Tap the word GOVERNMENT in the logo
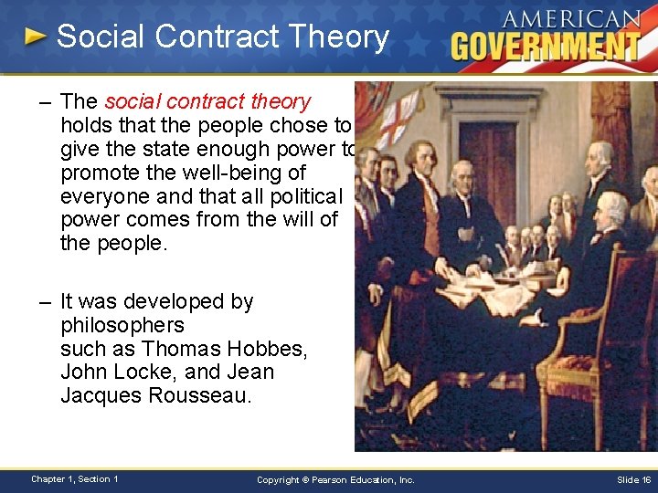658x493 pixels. click(546, 44)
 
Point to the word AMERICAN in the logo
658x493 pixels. click(571, 18)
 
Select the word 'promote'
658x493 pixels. click(97, 173)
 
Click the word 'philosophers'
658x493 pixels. click(122, 325)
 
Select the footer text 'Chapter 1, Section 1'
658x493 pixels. click(74, 479)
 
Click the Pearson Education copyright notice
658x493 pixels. click(335, 479)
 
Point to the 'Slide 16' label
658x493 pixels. click(633, 479)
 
